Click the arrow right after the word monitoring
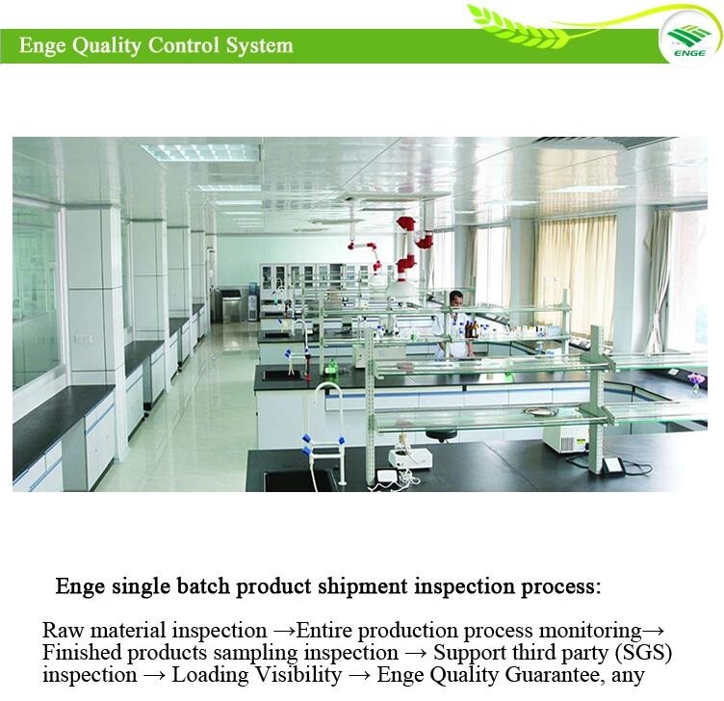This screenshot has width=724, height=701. pyautogui.click(x=653, y=631)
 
